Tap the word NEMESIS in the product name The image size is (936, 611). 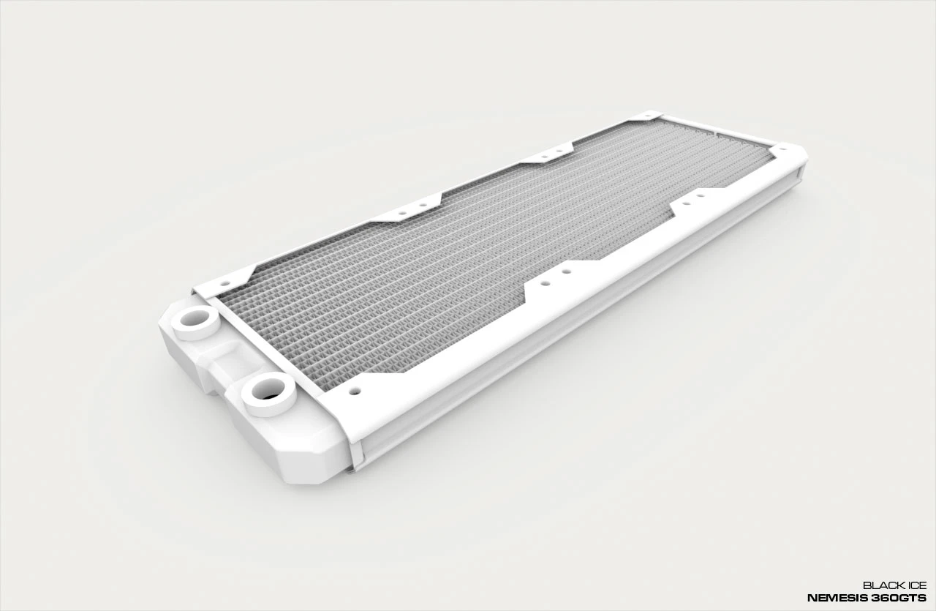click(841, 598)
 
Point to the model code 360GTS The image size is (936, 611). click(902, 598)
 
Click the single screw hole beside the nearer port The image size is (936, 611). click(355, 391)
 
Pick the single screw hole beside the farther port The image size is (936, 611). click(225, 282)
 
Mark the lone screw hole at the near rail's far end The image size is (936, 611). click(782, 148)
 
